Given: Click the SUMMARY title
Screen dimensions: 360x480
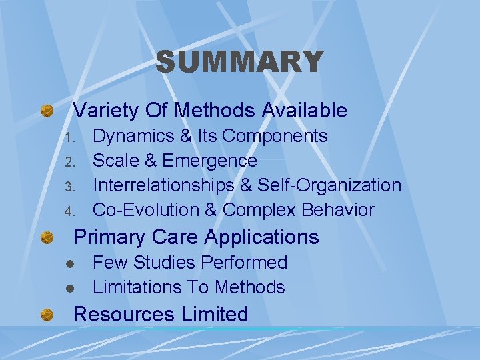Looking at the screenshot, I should [239, 63].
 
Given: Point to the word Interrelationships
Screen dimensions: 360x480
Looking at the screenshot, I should [163, 185].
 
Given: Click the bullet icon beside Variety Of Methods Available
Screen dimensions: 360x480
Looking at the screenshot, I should [47, 111].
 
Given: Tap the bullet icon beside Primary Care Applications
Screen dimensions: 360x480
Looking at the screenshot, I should [47, 237].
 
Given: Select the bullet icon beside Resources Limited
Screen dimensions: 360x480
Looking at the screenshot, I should [47, 315].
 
